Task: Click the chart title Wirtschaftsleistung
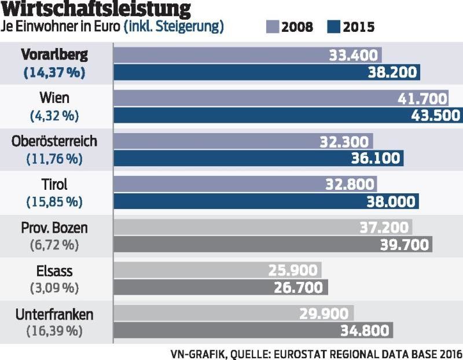click(x=95, y=10)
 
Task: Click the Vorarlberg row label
click(x=54, y=56)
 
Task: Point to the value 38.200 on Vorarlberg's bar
click(x=393, y=72)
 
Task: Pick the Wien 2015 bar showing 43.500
click(x=288, y=115)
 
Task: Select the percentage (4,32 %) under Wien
click(x=54, y=116)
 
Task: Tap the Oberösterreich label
click(x=54, y=141)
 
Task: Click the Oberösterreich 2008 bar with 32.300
click(x=243, y=141)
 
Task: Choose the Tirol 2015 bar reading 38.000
click(x=266, y=201)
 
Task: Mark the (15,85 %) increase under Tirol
click(x=54, y=202)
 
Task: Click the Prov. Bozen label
click(x=54, y=228)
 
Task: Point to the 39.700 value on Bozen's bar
click(x=405, y=245)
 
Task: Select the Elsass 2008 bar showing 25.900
click(x=217, y=270)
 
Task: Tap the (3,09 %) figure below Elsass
click(x=54, y=288)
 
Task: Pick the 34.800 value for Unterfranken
click(x=366, y=331)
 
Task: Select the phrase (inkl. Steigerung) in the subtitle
click(x=174, y=27)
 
